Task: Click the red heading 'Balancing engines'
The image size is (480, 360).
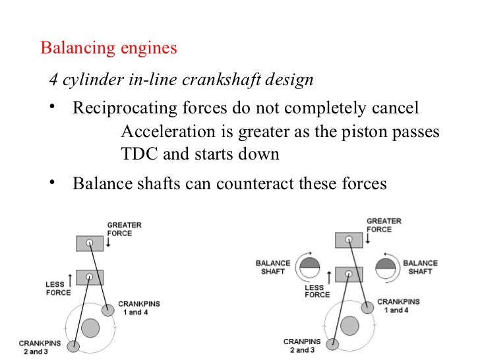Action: click(x=109, y=49)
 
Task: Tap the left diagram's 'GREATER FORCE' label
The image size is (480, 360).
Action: click(x=123, y=229)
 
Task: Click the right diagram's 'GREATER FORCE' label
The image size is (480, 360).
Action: click(x=383, y=225)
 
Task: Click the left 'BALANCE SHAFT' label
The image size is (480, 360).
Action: click(x=273, y=267)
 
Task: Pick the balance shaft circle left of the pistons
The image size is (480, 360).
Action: click(x=309, y=268)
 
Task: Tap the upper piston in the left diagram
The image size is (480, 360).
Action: click(x=89, y=243)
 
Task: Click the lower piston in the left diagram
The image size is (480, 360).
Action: click(x=89, y=277)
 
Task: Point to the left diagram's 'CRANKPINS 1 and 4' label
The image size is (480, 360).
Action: click(x=138, y=308)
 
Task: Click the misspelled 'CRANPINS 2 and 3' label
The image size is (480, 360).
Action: click(x=302, y=345)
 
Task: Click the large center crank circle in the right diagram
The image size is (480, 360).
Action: click(x=349, y=324)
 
